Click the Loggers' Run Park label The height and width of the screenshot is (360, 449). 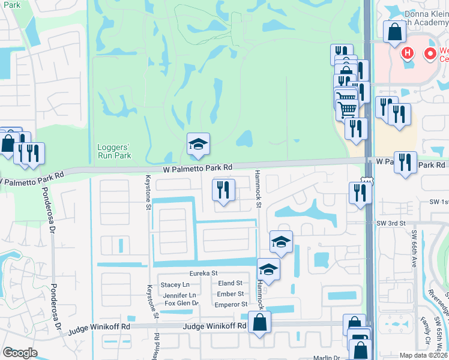click(114, 151)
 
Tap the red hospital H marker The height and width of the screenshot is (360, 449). click(408, 53)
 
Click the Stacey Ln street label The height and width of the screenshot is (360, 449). click(175, 284)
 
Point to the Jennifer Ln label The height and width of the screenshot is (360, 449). click(179, 295)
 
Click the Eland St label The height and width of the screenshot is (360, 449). click(231, 283)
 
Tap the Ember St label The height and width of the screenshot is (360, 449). click(231, 294)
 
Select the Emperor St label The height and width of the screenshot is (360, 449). click(231, 305)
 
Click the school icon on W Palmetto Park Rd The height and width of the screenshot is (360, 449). click(199, 145)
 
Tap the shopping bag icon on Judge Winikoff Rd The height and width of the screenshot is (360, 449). click(260, 324)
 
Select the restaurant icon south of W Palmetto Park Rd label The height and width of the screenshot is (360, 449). click(223, 190)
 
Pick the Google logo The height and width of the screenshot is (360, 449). click(20, 353)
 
